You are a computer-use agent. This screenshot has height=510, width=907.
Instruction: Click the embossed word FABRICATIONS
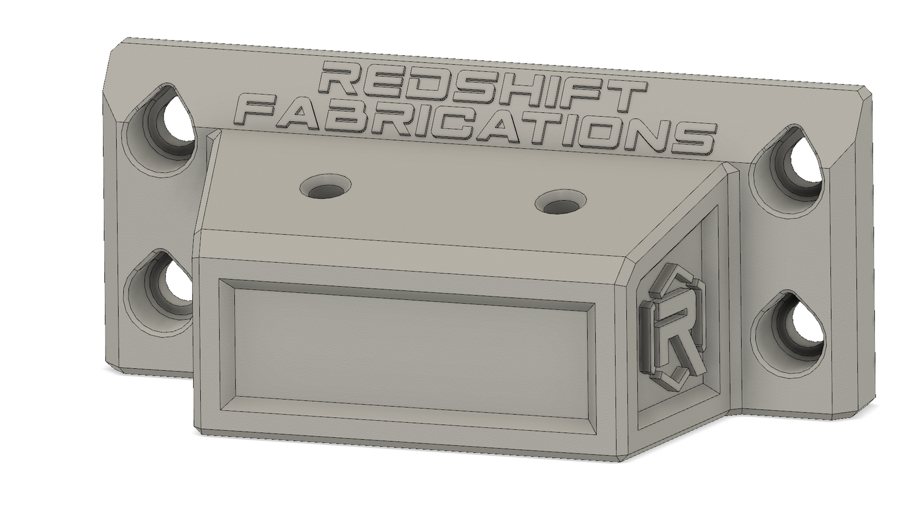coord(478,125)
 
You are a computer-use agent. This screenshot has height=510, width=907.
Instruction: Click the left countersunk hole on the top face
coord(325,187)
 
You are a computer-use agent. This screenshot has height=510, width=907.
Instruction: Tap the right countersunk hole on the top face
coord(561,204)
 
